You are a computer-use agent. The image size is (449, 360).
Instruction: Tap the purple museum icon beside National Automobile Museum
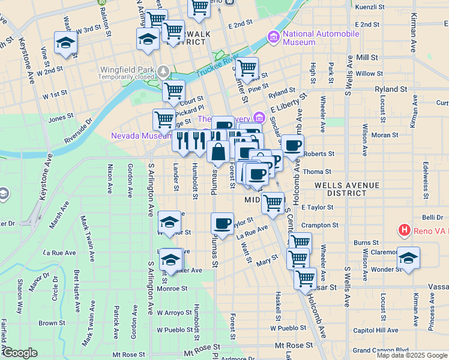pos(274,38)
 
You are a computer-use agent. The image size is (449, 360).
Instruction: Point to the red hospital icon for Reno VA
pos(405,230)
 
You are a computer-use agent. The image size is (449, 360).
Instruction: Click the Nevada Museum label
pos(140,136)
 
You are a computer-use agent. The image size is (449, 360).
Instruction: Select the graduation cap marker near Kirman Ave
pos(408,259)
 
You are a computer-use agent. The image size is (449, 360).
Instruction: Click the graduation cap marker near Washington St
pos(65,43)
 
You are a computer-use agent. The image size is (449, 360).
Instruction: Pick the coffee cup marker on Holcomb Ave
pos(293,146)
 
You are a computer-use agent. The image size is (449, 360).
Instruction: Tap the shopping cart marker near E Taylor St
pos(273,203)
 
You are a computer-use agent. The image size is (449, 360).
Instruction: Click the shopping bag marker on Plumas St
pos(218,152)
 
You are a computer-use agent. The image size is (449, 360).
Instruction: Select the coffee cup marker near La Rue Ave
pos(222,224)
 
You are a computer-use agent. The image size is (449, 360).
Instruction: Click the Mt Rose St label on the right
pos(294,346)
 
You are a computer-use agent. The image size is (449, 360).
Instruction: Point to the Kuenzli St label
pos(370,7)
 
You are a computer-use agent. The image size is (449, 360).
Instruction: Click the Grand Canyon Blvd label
pos(381,350)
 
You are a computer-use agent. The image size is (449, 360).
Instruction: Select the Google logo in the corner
pos(20,353)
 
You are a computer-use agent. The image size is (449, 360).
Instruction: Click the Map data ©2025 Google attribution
pos(412,355)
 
